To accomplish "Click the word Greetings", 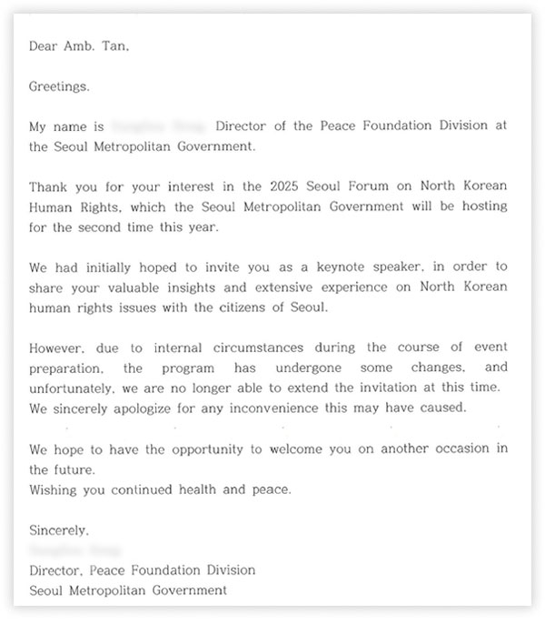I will point(59,87).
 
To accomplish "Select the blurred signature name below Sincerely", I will point(75,550).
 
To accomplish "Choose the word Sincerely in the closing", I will point(59,530).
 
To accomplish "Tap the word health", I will point(200,491).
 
